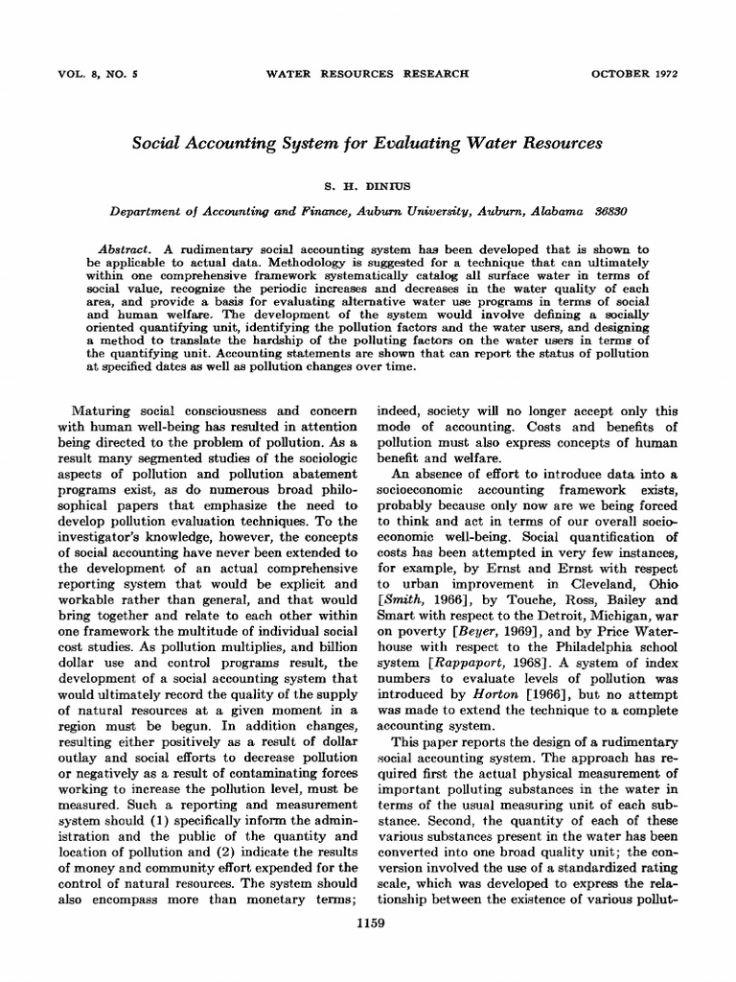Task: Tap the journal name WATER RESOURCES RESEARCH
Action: (367, 72)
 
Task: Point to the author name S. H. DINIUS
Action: (368, 178)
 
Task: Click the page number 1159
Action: (368, 923)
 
